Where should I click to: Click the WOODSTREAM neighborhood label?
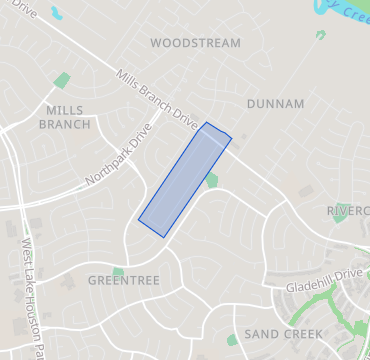(x=196, y=43)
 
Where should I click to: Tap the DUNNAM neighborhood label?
(x=275, y=102)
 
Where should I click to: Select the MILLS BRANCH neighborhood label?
(x=65, y=117)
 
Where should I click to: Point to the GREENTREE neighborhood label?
(x=124, y=281)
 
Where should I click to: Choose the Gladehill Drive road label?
(x=323, y=280)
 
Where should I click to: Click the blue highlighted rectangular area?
(x=185, y=180)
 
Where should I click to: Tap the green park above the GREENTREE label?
(x=118, y=272)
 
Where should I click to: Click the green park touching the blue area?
(x=212, y=180)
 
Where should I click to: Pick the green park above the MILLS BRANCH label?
(x=63, y=80)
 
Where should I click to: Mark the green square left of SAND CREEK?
(x=232, y=340)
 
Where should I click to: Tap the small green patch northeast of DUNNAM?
(x=320, y=35)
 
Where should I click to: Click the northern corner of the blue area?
(x=207, y=123)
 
